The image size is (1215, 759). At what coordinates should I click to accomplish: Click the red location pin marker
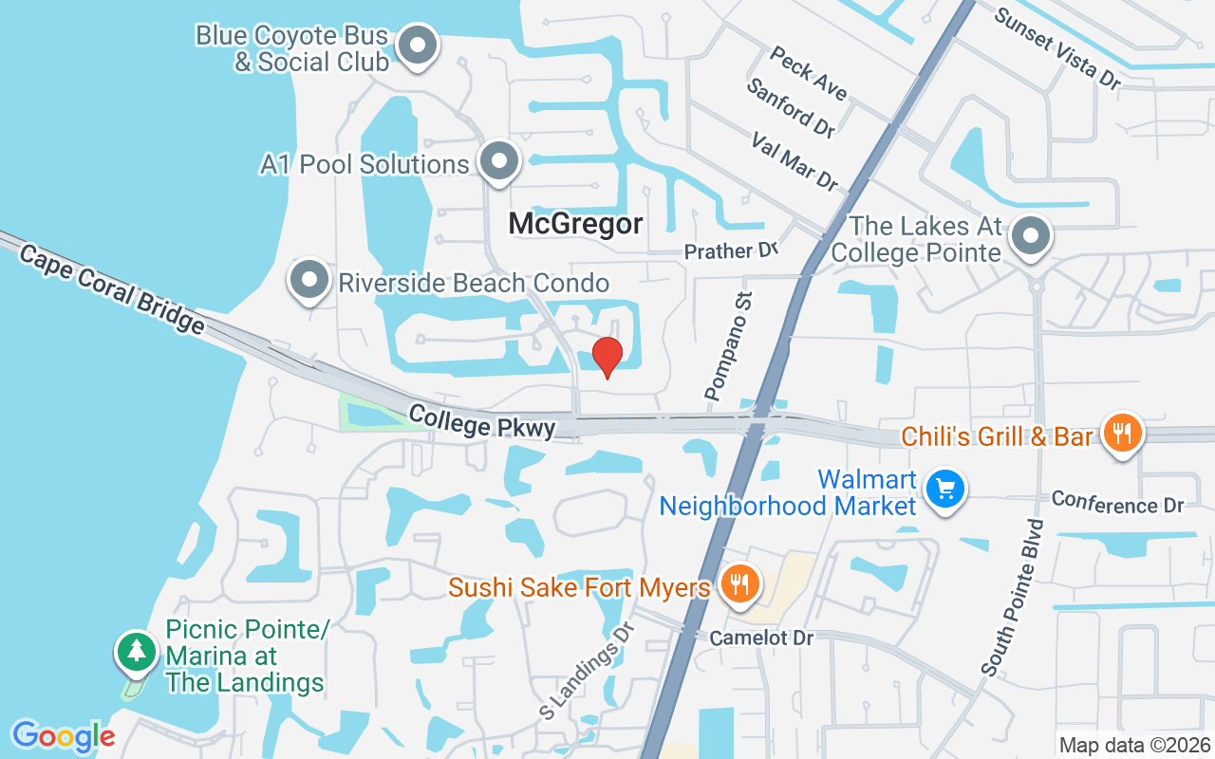607,357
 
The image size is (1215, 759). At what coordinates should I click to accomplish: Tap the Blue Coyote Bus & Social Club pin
417,46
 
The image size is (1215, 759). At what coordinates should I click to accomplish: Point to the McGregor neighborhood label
575,224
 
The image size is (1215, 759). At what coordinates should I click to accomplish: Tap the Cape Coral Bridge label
111,289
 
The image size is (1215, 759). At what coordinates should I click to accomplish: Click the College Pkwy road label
482,422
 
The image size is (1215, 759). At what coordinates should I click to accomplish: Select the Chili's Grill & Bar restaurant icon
1123,435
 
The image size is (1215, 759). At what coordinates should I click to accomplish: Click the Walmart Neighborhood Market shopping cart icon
944,491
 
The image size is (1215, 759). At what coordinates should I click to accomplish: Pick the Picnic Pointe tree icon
139,651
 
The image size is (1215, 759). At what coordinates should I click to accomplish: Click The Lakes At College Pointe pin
1031,237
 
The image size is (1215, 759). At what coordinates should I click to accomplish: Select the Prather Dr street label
731,250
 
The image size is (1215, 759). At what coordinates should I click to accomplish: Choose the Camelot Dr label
761,638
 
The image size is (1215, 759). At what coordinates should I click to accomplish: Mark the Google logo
64,735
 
